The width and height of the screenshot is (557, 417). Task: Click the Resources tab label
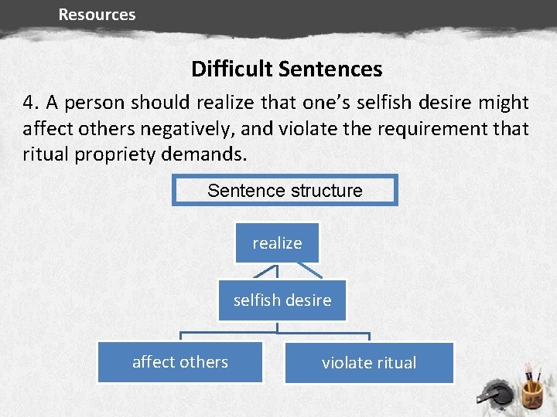[x=97, y=15]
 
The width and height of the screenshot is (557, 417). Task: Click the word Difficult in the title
[x=232, y=69]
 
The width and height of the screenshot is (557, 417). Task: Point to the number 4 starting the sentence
[x=29, y=103]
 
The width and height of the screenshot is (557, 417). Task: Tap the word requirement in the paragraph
[x=429, y=128]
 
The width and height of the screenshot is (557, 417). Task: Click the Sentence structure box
[x=285, y=190]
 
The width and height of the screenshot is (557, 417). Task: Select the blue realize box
[x=277, y=243]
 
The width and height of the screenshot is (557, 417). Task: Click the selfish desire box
[x=282, y=300]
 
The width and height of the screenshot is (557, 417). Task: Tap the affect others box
[x=180, y=362]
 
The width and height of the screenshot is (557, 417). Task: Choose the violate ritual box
[x=369, y=363]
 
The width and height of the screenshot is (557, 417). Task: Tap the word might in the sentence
[x=504, y=103]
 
